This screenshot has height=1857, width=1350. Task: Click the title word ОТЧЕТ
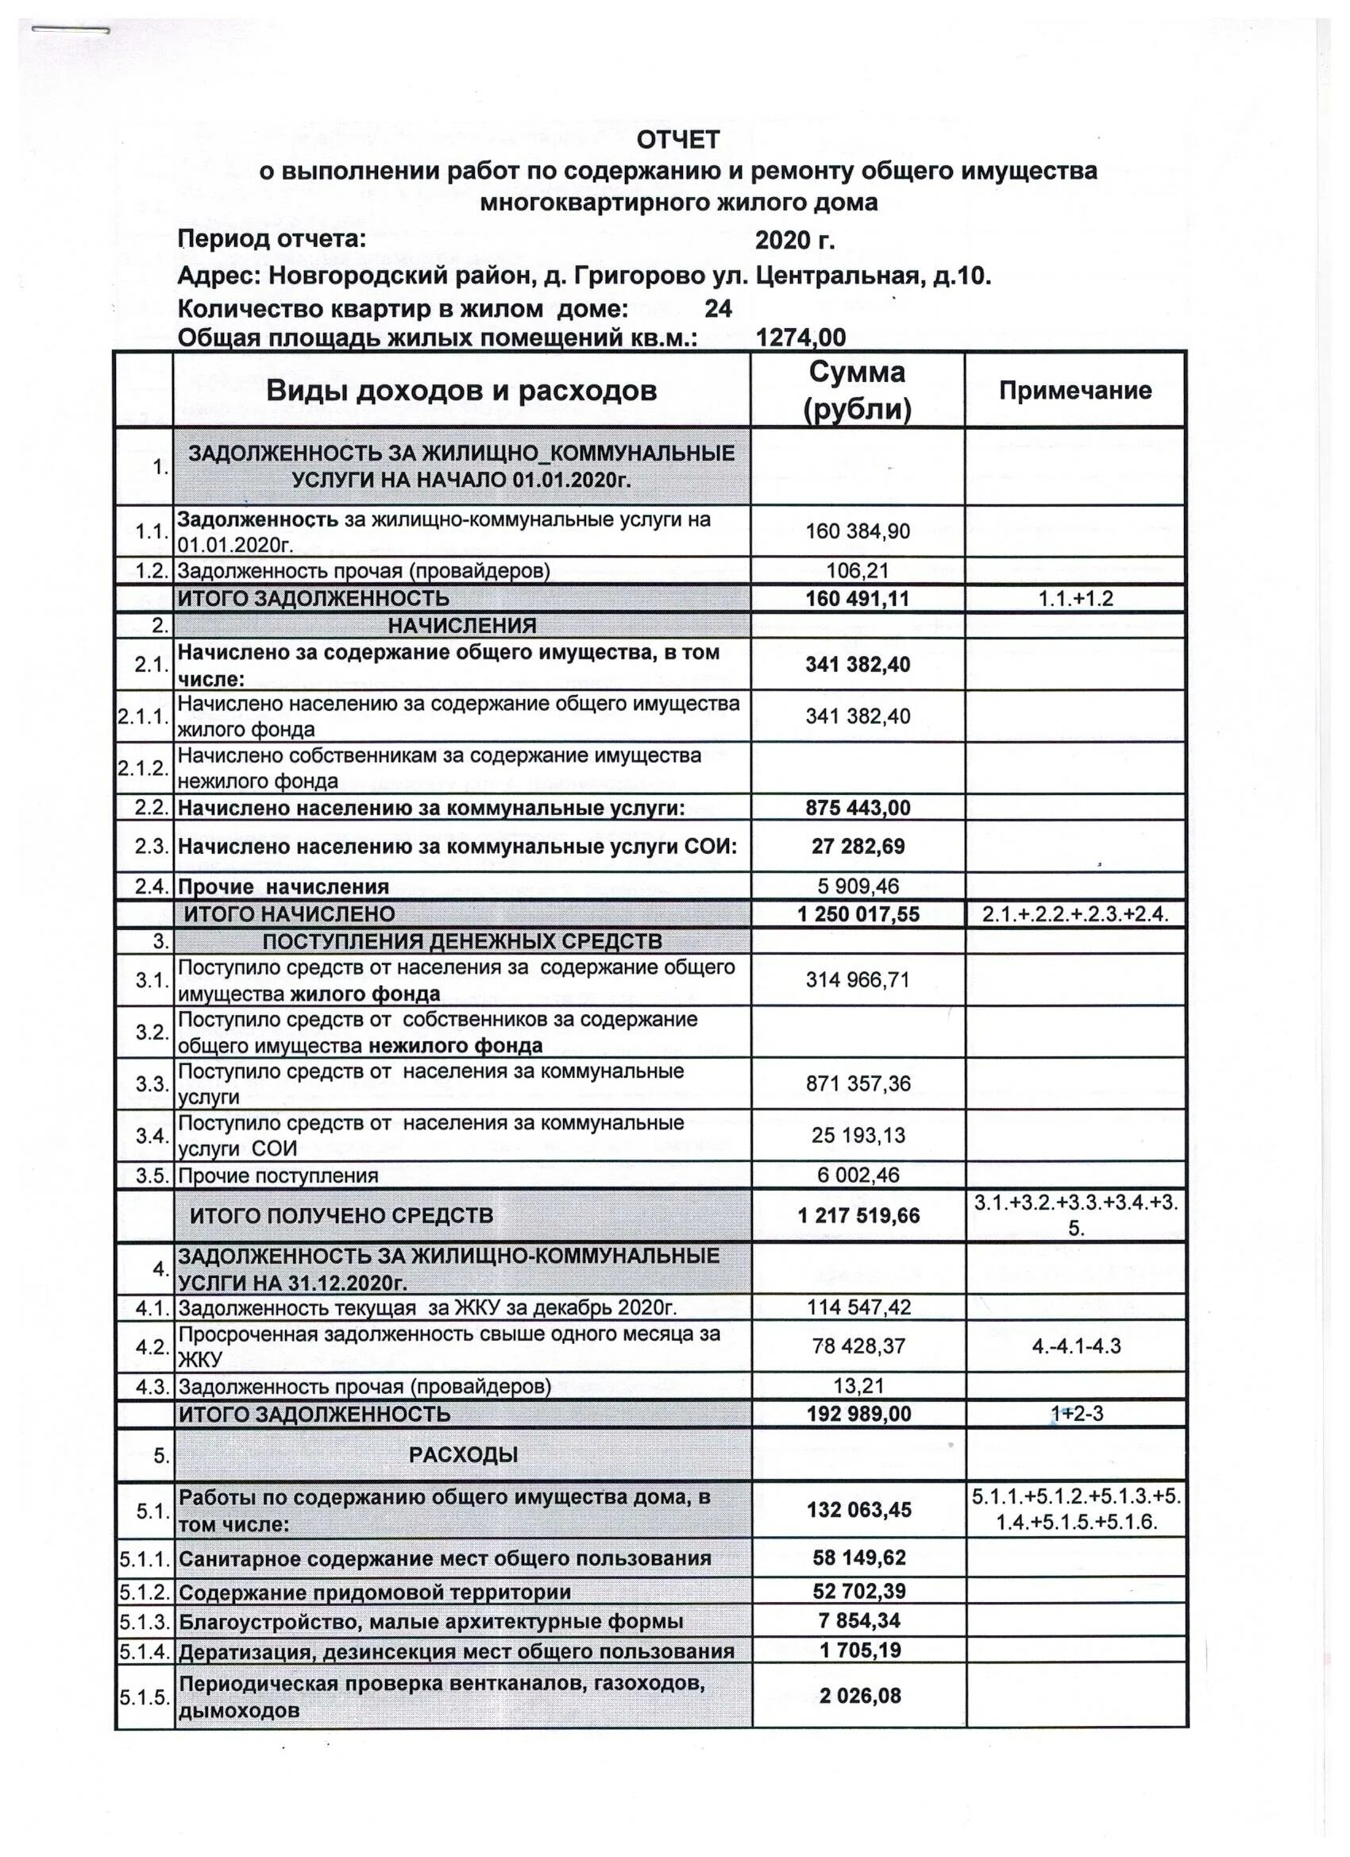(x=679, y=140)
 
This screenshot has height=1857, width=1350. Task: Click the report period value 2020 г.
(x=794, y=240)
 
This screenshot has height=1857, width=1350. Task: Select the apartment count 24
(x=717, y=309)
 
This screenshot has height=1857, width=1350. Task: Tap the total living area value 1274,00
(x=800, y=338)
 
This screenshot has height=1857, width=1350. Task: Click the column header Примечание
(x=1075, y=391)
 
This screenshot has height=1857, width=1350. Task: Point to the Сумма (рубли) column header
(x=857, y=391)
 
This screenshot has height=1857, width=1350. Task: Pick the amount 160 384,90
(x=857, y=531)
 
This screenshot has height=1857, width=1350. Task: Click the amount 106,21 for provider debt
(x=857, y=571)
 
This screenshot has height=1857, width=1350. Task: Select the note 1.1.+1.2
(x=1076, y=599)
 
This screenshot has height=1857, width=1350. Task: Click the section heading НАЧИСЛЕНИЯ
(x=461, y=627)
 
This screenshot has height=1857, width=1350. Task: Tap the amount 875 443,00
(x=857, y=807)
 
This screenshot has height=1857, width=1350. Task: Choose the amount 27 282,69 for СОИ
(x=857, y=846)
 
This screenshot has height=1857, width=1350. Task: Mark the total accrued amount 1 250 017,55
(x=858, y=913)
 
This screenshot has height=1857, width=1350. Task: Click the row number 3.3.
(x=152, y=1084)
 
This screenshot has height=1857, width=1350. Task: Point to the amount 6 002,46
(x=858, y=1175)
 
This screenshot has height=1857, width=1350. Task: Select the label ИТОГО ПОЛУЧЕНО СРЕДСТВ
(x=341, y=1216)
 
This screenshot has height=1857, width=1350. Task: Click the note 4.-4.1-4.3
(x=1076, y=1345)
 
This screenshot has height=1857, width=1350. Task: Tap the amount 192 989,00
(x=858, y=1414)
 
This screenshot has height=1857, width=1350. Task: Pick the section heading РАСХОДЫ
(x=464, y=1455)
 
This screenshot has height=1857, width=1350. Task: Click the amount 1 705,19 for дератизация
(x=858, y=1650)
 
